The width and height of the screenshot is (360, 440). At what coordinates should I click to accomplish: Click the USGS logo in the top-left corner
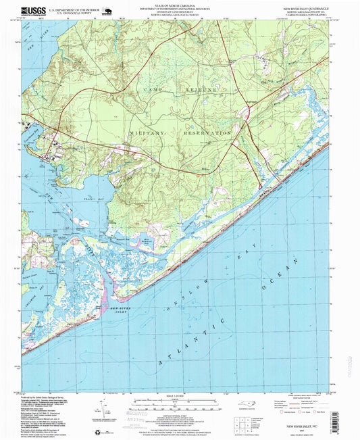coord(31,11)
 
